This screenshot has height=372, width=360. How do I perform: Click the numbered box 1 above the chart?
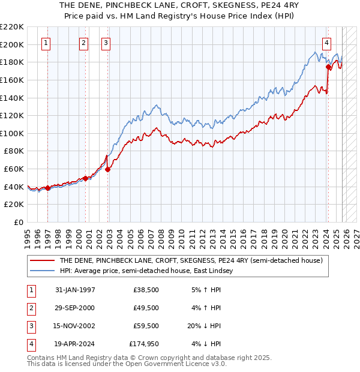[x=47, y=43]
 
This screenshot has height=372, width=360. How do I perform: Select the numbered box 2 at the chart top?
[x=83, y=43]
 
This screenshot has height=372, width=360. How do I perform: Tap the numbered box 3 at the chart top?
[x=106, y=43]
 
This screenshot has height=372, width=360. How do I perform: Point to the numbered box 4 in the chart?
[x=326, y=43]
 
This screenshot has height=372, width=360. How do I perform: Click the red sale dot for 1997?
[x=47, y=188]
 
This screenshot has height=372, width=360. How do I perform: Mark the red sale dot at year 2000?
[x=85, y=178]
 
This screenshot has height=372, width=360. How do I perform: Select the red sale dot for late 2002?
[x=108, y=169]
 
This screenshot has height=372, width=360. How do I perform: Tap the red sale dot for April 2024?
[x=328, y=67]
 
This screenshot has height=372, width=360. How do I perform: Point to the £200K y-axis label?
[x=13, y=44]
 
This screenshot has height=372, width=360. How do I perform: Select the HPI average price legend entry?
[x=149, y=271]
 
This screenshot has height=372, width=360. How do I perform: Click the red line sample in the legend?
[x=41, y=260]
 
